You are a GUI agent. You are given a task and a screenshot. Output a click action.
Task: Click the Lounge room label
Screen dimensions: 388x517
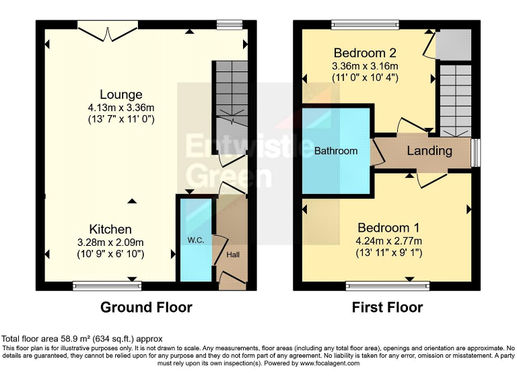coord(121,94)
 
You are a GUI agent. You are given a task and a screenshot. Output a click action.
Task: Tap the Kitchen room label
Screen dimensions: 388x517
coord(112,230)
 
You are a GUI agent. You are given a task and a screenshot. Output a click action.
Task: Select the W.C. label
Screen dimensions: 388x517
coord(195,240)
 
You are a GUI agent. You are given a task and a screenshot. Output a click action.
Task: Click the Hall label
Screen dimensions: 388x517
coord(233,255)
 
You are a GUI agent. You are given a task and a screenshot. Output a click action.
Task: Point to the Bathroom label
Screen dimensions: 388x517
coord(336,151)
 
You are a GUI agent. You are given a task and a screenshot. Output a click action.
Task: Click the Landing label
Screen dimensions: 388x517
coord(429,150)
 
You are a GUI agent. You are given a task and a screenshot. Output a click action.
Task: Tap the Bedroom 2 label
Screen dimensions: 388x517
coord(364,53)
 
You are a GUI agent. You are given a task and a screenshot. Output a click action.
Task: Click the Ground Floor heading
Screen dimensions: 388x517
coord(146,307)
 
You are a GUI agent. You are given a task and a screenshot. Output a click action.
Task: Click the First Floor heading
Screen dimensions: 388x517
coord(387,307)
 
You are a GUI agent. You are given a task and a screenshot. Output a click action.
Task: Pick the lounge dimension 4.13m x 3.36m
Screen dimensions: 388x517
coord(121,107)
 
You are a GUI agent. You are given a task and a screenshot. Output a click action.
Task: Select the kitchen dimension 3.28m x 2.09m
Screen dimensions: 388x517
coord(112,243)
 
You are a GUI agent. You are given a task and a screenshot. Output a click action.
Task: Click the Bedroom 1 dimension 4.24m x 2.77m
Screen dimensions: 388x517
coord(389,241)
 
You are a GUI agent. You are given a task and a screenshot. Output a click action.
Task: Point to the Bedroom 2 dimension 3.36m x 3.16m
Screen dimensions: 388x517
coord(365,66)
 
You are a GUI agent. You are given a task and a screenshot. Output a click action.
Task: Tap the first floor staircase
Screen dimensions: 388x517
coord(454,98)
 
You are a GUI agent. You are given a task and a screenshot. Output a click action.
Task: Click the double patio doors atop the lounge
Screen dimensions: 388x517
coord(108,26)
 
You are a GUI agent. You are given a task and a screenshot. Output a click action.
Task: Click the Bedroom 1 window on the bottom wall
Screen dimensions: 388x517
coord(387,286)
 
